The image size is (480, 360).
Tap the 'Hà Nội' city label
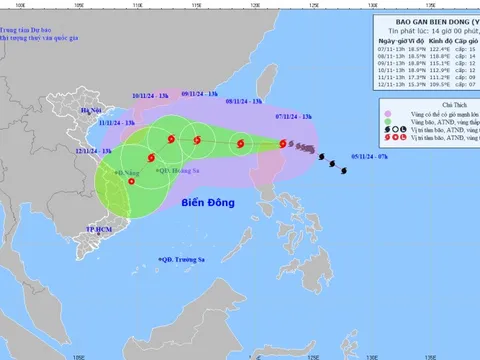click(92, 110)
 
